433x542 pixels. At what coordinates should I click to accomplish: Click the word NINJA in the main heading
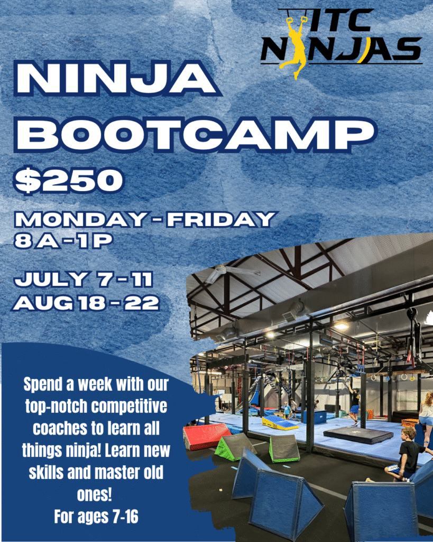click(117, 78)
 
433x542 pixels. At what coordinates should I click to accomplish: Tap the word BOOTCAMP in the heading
click(195, 134)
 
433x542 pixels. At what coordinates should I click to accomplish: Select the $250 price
click(69, 180)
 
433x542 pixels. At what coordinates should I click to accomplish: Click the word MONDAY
click(81, 219)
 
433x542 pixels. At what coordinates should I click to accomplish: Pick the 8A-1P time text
click(63, 241)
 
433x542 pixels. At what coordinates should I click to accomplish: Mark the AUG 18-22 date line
click(86, 303)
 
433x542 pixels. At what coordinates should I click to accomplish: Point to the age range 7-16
click(125, 517)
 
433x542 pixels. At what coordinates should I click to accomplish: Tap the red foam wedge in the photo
click(207, 436)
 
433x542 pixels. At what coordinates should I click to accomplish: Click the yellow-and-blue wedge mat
click(279, 423)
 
